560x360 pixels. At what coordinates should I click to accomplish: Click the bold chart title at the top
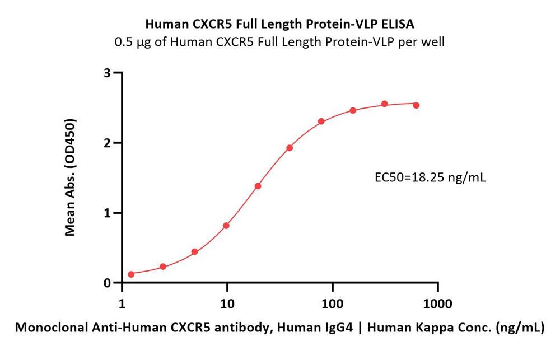click(279, 24)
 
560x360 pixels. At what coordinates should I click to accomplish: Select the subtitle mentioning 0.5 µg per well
click(279, 42)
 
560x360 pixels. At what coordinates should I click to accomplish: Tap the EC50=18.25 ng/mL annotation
click(430, 178)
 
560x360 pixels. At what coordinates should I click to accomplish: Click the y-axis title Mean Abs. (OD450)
click(71, 177)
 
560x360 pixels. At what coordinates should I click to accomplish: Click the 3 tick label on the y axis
click(106, 73)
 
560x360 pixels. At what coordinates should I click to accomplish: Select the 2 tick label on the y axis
click(106, 143)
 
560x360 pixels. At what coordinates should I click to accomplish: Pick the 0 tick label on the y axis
click(106, 283)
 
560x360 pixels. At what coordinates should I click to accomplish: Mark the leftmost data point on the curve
click(131, 274)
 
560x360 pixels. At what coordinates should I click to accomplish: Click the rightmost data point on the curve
click(416, 105)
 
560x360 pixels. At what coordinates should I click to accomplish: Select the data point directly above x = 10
click(226, 226)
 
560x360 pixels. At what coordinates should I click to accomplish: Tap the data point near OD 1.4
click(258, 186)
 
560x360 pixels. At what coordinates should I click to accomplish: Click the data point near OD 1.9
click(290, 148)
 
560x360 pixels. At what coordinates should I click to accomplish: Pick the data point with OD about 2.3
click(321, 121)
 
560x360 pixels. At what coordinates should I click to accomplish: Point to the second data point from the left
click(163, 267)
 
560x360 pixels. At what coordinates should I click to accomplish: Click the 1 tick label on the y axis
click(106, 213)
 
